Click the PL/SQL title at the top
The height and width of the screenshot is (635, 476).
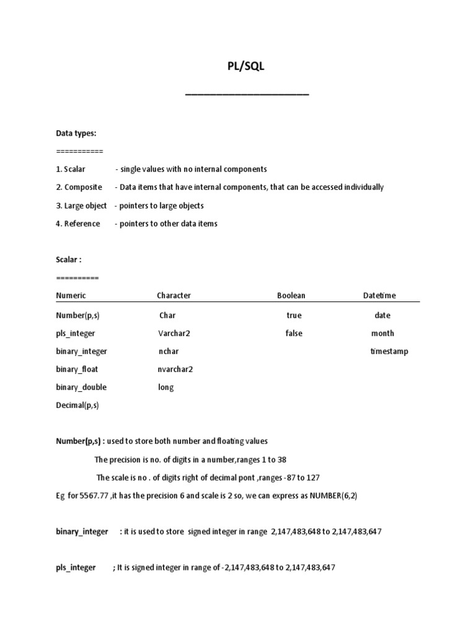[x=247, y=67]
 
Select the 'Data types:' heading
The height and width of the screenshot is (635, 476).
[x=76, y=133]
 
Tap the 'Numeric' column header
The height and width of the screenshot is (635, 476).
[x=71, y=296]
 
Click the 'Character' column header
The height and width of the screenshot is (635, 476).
[x=174, y=296]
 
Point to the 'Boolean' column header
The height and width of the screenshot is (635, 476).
[x=291, y=296]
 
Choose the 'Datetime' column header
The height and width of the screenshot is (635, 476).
[x=379, y=296]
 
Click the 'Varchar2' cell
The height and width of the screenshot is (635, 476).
[x=174, y=334]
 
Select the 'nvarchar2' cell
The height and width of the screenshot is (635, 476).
[x=176, y=370]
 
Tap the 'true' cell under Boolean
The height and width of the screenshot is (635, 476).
[x=294, y=316]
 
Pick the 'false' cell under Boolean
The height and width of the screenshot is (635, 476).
[x=294, y=334]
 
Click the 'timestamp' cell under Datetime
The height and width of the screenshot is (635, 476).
[x=389, y=352]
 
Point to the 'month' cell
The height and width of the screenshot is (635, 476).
[x=382, y=334]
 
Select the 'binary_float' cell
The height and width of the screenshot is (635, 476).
[x=77, y=370]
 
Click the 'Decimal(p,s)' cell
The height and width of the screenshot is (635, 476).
[x=77, y=406]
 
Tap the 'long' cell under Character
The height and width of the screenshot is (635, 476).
[x=166, y=388]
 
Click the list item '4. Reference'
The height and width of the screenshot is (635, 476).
[x=78, y=224]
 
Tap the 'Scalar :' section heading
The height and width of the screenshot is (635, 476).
[x=69, y=260]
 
